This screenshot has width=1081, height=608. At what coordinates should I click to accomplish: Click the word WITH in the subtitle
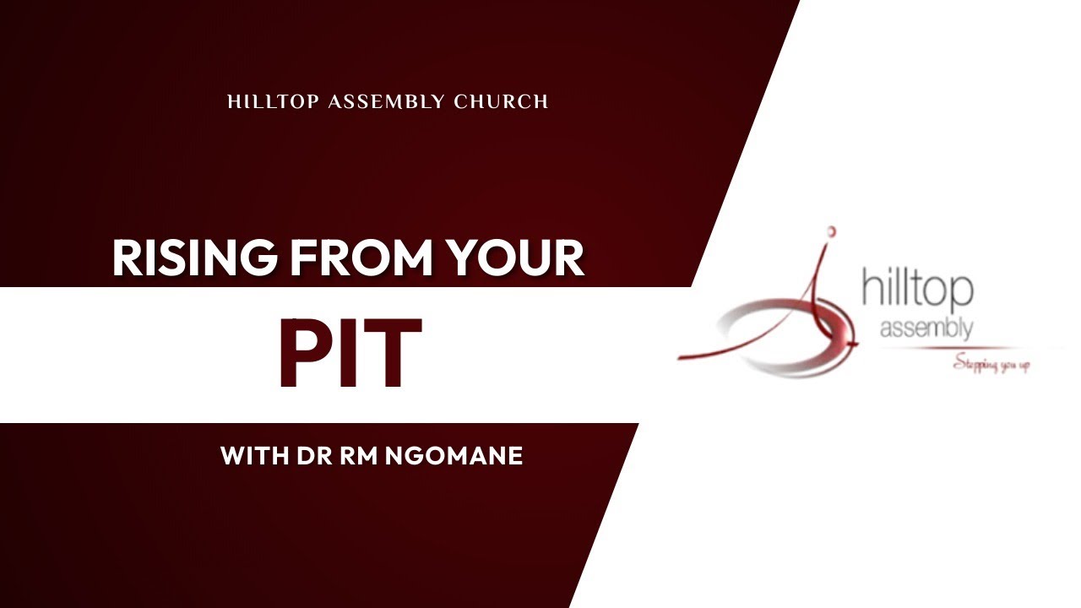coord(255,457)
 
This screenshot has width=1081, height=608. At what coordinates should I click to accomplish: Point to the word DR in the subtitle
coord(315,457)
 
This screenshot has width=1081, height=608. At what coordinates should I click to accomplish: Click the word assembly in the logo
coord(926,328)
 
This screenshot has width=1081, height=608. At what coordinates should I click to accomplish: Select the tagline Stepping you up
coord(991,365)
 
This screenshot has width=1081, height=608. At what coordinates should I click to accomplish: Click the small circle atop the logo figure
coord(831,230)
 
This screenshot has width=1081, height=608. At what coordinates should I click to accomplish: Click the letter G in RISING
coord(258,258)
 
